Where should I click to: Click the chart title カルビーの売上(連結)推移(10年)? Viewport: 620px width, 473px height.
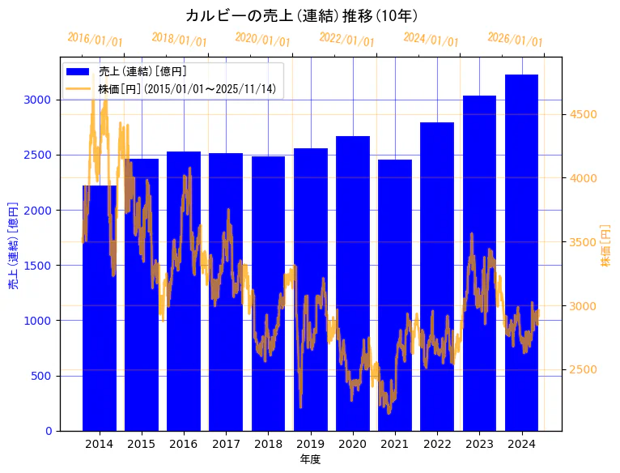(x=301, y=15)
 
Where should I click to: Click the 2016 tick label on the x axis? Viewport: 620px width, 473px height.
(x=184, y=444)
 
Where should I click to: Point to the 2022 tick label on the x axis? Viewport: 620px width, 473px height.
(x=437, y=444)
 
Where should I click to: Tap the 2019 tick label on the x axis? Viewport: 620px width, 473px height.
(x=310, y=444)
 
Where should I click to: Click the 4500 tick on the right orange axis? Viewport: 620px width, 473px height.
(x=582, y=114)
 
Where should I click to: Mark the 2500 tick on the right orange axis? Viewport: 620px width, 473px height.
(x=582, y=370)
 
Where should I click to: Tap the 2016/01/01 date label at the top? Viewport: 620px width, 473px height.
(x=95, y=40)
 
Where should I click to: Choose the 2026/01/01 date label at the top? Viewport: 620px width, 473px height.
(x=515, y=40)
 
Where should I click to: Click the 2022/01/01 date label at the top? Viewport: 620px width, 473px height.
(x=346, y=40)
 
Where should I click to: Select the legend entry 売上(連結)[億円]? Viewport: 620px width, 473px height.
(x=142, y=72)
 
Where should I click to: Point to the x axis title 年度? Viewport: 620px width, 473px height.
(x=310, y=459)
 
